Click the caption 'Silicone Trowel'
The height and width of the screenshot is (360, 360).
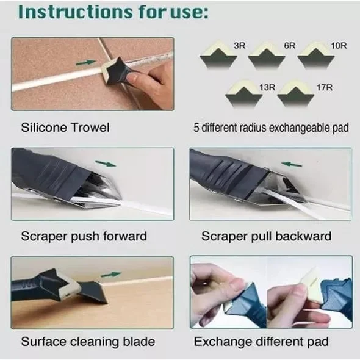pyautogui.click(x=65, y=128)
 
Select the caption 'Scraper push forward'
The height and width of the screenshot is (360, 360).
pyautogui.click(x=84, y=236)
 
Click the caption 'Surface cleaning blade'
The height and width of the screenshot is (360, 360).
pyautogui.click(x=88, y=341)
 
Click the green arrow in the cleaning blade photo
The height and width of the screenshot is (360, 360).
pyautogui.click(x=110, y=274)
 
